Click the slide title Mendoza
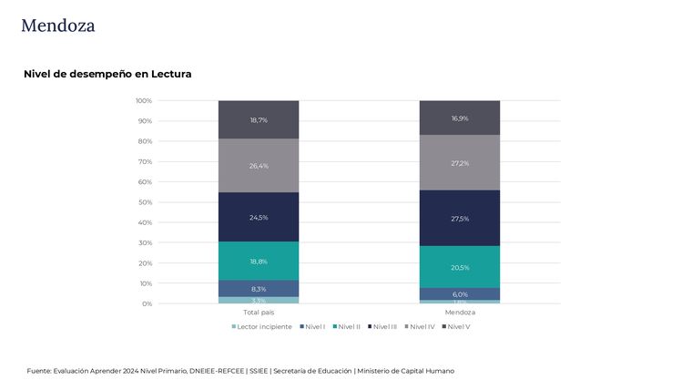tap(57, 26)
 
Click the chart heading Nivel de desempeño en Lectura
tap(107, 74)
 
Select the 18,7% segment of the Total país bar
tap(259, 119)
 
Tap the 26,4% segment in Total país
tap(259, 166)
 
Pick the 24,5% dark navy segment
tap(259, 217)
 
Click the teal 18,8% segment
tap(259, 261)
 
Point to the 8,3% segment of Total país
tap(259, 289)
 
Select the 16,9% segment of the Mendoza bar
tap(460, 118)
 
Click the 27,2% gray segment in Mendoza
tap(460, 163)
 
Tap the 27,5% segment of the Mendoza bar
tap(460, 218)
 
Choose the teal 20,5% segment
tap(460, 267)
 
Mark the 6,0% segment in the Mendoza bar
tap(460, 294)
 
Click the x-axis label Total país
tap(259, 313)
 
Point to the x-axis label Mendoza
tap(460, 313)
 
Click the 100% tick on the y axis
tap(144, 100)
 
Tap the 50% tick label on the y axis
tap(146, 202)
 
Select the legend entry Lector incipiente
tap(263, 326)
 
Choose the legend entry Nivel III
tap(384, 326)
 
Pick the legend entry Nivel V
tap(458, 326)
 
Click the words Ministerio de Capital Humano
tap(405, 371)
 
